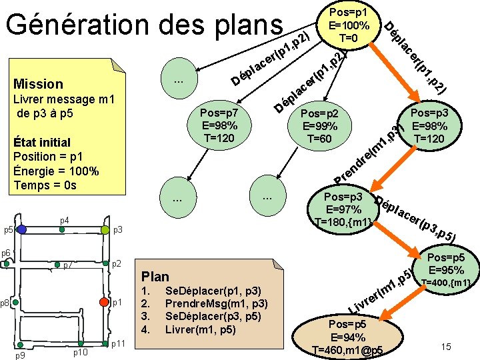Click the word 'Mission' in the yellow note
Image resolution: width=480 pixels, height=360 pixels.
pos(38,84)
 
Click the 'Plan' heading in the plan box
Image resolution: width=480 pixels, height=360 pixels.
pos(155,276)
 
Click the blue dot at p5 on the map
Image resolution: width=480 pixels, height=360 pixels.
pos(22,229)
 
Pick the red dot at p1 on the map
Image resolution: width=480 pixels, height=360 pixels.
pos(104,302)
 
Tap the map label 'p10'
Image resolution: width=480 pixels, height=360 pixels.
pos(81,352)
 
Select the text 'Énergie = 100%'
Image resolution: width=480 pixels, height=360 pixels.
pos(56,171)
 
